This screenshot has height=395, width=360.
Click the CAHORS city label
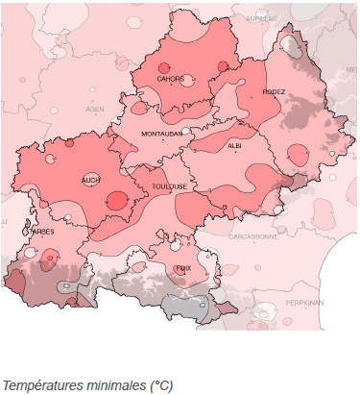point(171,79)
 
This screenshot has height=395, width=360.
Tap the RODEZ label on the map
point(274,92)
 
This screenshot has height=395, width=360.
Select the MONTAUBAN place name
point(161,134)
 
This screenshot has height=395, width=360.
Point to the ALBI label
point(235,146)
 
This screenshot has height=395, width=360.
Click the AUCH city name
point(91,180)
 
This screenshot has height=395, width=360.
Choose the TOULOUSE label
point(170,186)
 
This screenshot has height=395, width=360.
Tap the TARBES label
point(41,231)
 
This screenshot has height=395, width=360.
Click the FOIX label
point(182,269)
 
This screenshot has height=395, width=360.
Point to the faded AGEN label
point(95,110)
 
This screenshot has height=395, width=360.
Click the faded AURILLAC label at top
point(261,18)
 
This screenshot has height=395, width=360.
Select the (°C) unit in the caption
point(160,385)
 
